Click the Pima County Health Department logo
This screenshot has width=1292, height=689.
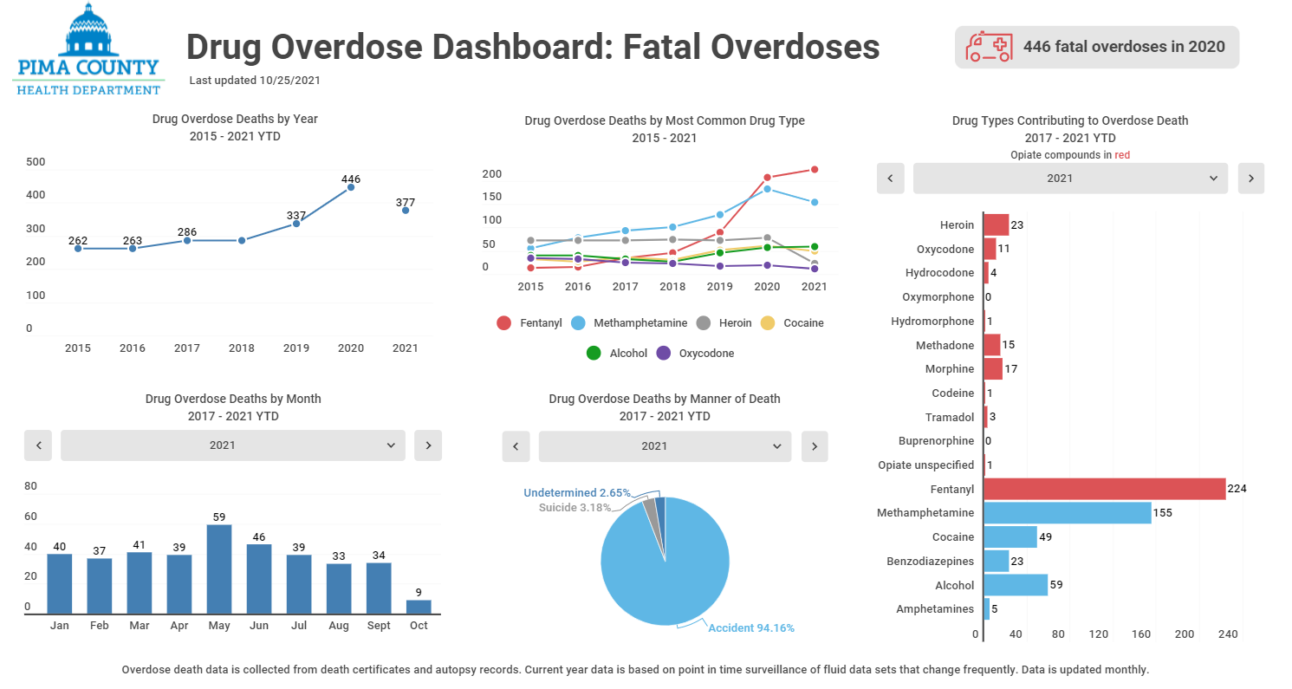click(88, 49)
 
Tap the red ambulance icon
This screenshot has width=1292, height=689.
click(989, 47)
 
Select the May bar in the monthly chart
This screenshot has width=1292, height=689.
click(219, 569)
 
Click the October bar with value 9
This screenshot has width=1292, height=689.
click(419, 606)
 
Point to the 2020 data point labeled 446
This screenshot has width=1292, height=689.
click(351, 187)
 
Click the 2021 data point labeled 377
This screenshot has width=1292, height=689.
click(406, 211)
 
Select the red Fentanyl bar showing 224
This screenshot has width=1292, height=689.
click(1104, 489)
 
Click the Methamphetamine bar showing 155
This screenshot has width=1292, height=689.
click(1067, 513)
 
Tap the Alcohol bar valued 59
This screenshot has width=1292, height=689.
click(1016, 585)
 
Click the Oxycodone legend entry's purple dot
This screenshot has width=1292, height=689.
click(664, 353)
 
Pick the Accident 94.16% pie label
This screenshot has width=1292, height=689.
click(750, 627)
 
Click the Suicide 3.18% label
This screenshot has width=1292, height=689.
click(575, 507)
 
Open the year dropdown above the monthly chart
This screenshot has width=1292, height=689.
click(233, 445)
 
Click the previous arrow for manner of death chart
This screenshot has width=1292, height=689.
click(516, 446)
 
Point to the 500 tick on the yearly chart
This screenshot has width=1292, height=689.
click(36, 162)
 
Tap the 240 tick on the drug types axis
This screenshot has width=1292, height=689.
click(1227, 634)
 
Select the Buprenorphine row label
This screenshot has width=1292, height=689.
click(936, 441)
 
